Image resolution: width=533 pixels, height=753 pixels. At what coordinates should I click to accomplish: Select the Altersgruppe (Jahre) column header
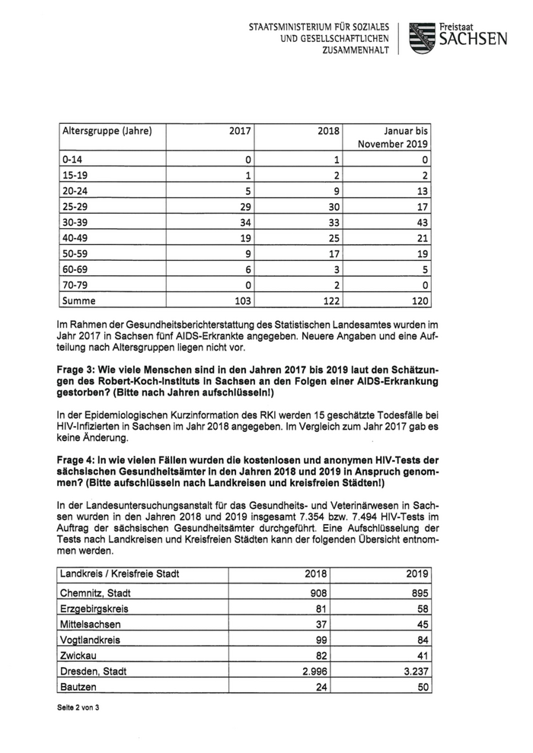coord(106,131)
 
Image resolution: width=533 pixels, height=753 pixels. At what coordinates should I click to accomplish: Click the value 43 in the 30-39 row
coord(420,223)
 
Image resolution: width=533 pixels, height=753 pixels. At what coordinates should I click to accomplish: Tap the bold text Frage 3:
coord(79,369)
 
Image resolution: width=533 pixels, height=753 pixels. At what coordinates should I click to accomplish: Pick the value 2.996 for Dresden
coord(321,671)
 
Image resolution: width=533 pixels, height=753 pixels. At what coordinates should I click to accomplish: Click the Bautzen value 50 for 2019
coord(420,687)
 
